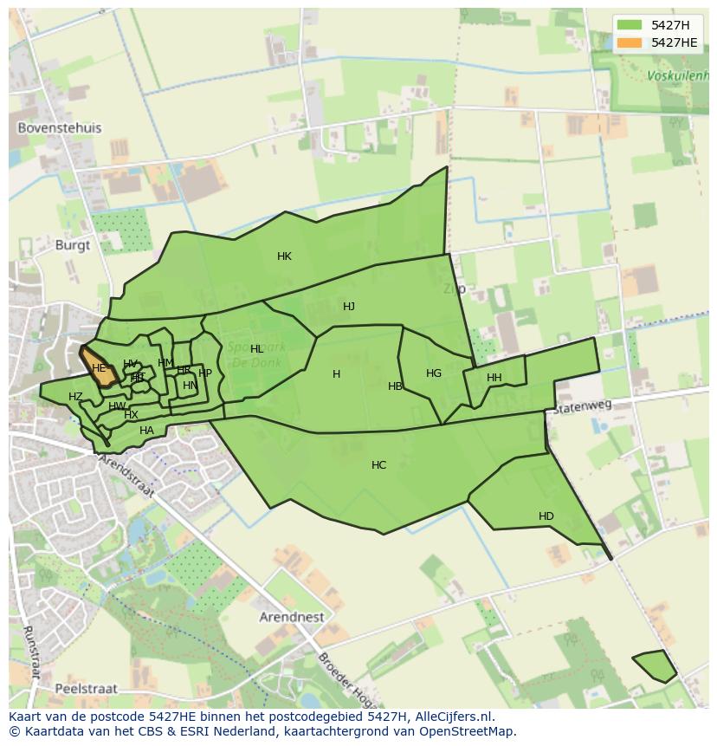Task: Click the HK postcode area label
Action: (284, 256)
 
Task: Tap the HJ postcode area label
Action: (349, 307)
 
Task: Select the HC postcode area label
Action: (378, 465)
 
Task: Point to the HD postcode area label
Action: (546, 516)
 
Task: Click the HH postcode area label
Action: (494, 378)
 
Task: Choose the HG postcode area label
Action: (434, 373)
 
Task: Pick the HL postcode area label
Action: (256, 349)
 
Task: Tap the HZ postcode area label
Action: (75, 397)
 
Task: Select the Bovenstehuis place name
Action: (60, 128)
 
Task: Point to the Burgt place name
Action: (72, 245)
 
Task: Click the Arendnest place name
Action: (292, 618)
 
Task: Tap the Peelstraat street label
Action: (85, 689)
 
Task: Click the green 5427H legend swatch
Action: (629, 25)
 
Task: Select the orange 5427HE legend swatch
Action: (629, 42)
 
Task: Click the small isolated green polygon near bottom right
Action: (656, 665)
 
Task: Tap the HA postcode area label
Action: (146, 431)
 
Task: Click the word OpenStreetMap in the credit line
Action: (465, 731)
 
